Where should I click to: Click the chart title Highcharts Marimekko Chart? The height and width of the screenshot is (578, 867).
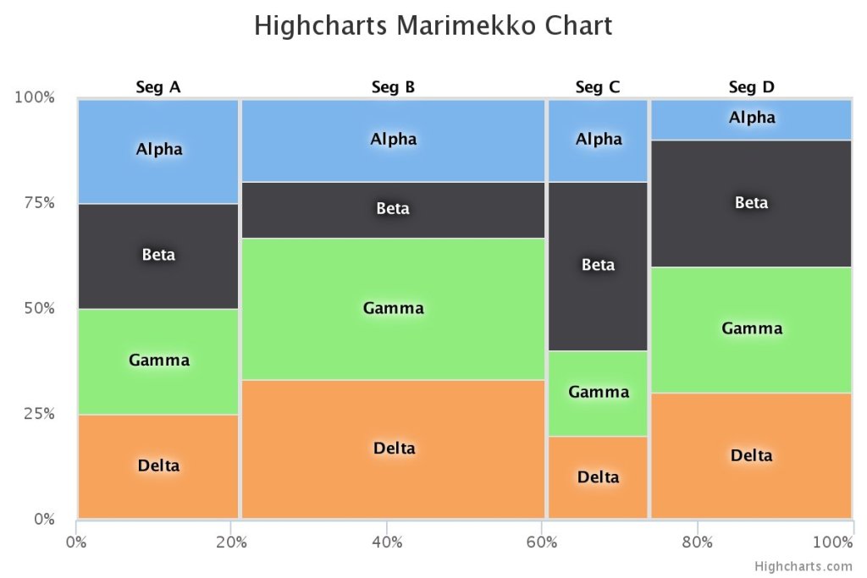(433, 26)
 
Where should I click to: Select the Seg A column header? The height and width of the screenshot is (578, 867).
(158, 86)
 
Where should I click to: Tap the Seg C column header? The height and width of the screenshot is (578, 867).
(598, 86)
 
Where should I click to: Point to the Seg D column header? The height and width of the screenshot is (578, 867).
(752, 86)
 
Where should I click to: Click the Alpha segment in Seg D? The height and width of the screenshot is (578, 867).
(751, 118)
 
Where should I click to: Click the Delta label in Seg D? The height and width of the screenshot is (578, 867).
(751, 456)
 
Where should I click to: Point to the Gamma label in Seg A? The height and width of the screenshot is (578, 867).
(158, 361)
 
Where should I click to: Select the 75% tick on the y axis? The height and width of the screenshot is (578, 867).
(38, 203)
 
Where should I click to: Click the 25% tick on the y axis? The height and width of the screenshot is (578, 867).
(38, 414)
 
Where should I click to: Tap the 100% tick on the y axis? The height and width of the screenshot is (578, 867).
(35, 97)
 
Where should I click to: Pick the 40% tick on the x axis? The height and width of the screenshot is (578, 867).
(387, 542)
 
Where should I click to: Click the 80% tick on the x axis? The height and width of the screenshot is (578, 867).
(697, 542)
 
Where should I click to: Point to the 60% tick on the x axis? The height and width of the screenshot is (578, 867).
(542, 542)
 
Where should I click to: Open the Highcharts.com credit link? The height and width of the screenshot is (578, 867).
(804, 566)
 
